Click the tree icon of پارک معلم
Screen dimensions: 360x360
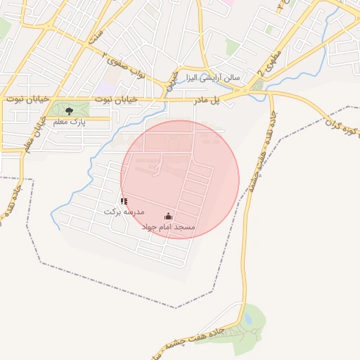click(68, 111)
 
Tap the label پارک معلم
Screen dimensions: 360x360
click(69, 122)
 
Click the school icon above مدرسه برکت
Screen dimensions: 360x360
click(124, 201)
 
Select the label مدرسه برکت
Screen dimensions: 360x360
click(124, 212)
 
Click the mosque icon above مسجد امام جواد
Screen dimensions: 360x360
click(168, 217)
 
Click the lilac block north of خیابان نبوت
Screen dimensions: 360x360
click(105, 88)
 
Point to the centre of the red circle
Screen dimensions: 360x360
click(180, 179)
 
